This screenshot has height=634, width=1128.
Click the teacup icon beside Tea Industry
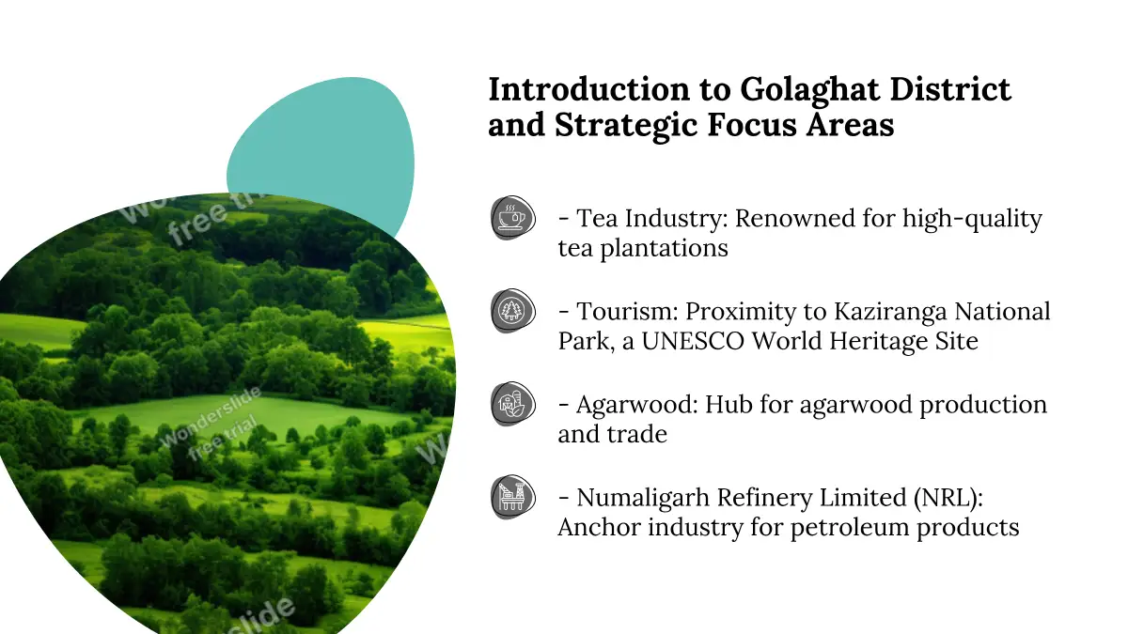513,218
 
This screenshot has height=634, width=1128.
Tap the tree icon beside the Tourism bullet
513,311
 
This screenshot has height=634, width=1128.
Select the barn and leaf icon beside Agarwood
513,404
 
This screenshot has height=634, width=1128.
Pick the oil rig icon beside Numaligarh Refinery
513,497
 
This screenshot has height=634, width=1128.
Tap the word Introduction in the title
589,89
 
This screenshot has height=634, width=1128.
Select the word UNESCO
693,341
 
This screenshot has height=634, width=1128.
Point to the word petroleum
850,528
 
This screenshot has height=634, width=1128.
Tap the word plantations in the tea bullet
664,249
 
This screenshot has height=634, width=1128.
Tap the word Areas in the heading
850,125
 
